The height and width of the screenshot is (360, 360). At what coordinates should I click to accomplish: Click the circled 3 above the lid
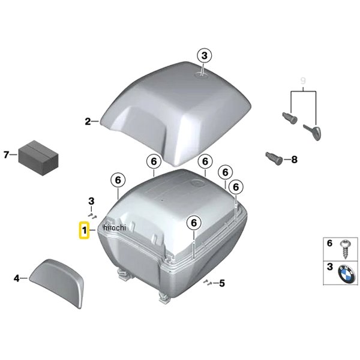point(205,56)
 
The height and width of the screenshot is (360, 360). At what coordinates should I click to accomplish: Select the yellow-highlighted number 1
point(85,230)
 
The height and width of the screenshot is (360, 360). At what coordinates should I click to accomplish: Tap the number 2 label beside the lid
point(88,121)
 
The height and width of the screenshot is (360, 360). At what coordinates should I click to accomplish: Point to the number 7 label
point(6,155)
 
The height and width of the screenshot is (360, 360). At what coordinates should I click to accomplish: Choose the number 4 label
point(17,278)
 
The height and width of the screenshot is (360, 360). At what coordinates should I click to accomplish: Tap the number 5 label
point(222,283)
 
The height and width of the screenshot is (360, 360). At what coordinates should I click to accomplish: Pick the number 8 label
point(294,160)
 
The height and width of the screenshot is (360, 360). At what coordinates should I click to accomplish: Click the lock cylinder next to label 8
point(274,158)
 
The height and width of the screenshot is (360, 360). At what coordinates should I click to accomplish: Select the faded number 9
point(303,81)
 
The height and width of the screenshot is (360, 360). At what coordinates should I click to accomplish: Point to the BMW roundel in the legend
point(346,274)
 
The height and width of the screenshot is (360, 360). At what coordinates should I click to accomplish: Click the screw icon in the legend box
point(344,250)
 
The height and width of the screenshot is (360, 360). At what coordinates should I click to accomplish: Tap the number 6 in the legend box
point(329,244)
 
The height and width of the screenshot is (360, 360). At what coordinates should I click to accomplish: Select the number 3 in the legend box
point(329,267)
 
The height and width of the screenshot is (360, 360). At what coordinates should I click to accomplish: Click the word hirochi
point(115,227)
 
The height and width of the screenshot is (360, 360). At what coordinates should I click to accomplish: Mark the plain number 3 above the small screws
point(91,202)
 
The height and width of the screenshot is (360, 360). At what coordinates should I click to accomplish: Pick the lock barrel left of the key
point(290,118)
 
